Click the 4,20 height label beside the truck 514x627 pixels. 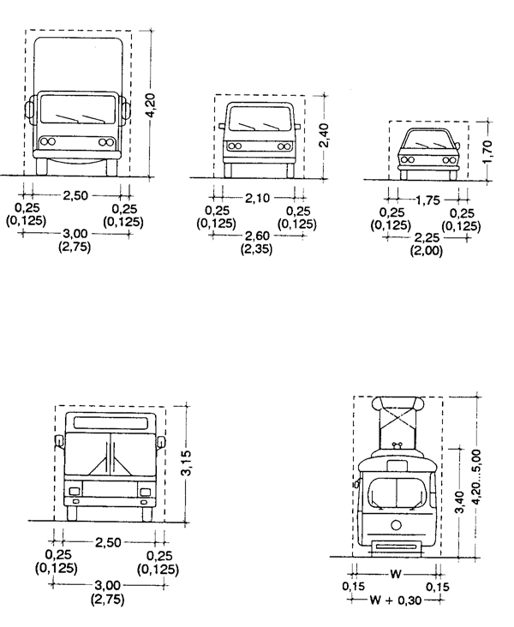point(151,104)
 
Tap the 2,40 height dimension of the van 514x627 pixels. point(325,135)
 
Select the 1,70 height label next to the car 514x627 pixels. point(487,152)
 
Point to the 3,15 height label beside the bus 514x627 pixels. point(186,463)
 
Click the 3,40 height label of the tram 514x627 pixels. point(460,502)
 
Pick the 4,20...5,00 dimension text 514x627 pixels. point(476,476)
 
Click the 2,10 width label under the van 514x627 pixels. point(257,198)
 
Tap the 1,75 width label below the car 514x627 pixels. point(427,200)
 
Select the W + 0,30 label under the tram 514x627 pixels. point(395,600)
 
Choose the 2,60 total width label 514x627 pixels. point(257,236)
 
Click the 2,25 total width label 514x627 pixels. point(427,237)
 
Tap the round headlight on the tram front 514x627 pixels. point(397,524)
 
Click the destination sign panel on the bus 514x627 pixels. point(111,422)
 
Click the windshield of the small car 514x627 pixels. point(429,140)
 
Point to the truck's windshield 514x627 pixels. point(78,109)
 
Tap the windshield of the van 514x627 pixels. point(260,118)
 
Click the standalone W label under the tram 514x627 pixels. point(395,574)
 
